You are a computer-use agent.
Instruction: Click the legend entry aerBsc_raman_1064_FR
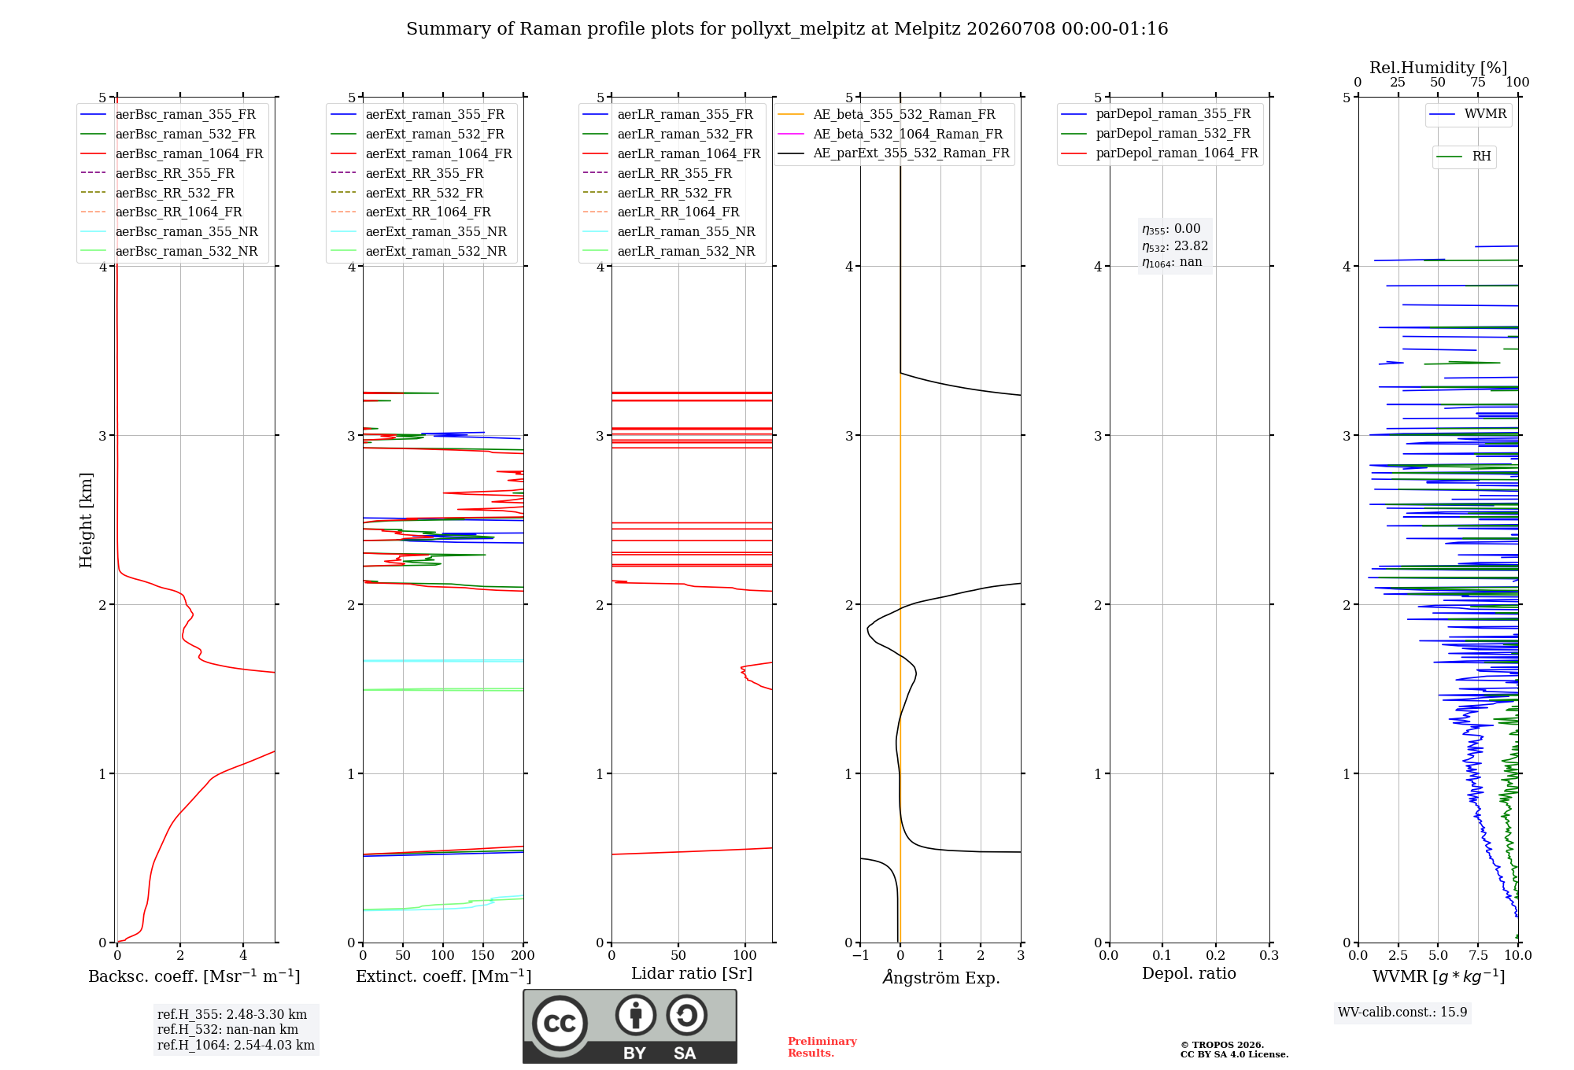(172, 154)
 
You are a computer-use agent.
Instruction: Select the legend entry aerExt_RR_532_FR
(407, 193)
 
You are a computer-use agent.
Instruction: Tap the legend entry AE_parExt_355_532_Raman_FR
(893, 153)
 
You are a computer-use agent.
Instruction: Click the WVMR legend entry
(1469, 114)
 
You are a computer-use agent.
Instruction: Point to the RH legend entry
(1465, 157)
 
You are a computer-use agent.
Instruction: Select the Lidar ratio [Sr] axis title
(692, 974)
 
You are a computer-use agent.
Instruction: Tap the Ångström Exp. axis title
(941, 977)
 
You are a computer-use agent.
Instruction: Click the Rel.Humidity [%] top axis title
(1439, 68)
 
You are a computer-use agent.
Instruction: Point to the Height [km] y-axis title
(86, 520)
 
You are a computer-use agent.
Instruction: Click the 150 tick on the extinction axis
(482, 955)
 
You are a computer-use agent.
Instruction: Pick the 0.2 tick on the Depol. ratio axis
(1216, 955)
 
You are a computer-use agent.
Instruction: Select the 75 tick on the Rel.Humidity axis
(1478, 83)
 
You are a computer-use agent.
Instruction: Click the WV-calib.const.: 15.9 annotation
(1402, 1012)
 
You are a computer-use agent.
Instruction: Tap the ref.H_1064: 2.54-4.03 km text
(236, 1045)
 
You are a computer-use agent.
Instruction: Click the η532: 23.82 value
(1175, 246)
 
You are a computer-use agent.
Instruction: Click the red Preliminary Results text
(822, 1047)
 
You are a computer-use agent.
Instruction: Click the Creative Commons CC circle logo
(560, 1023)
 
